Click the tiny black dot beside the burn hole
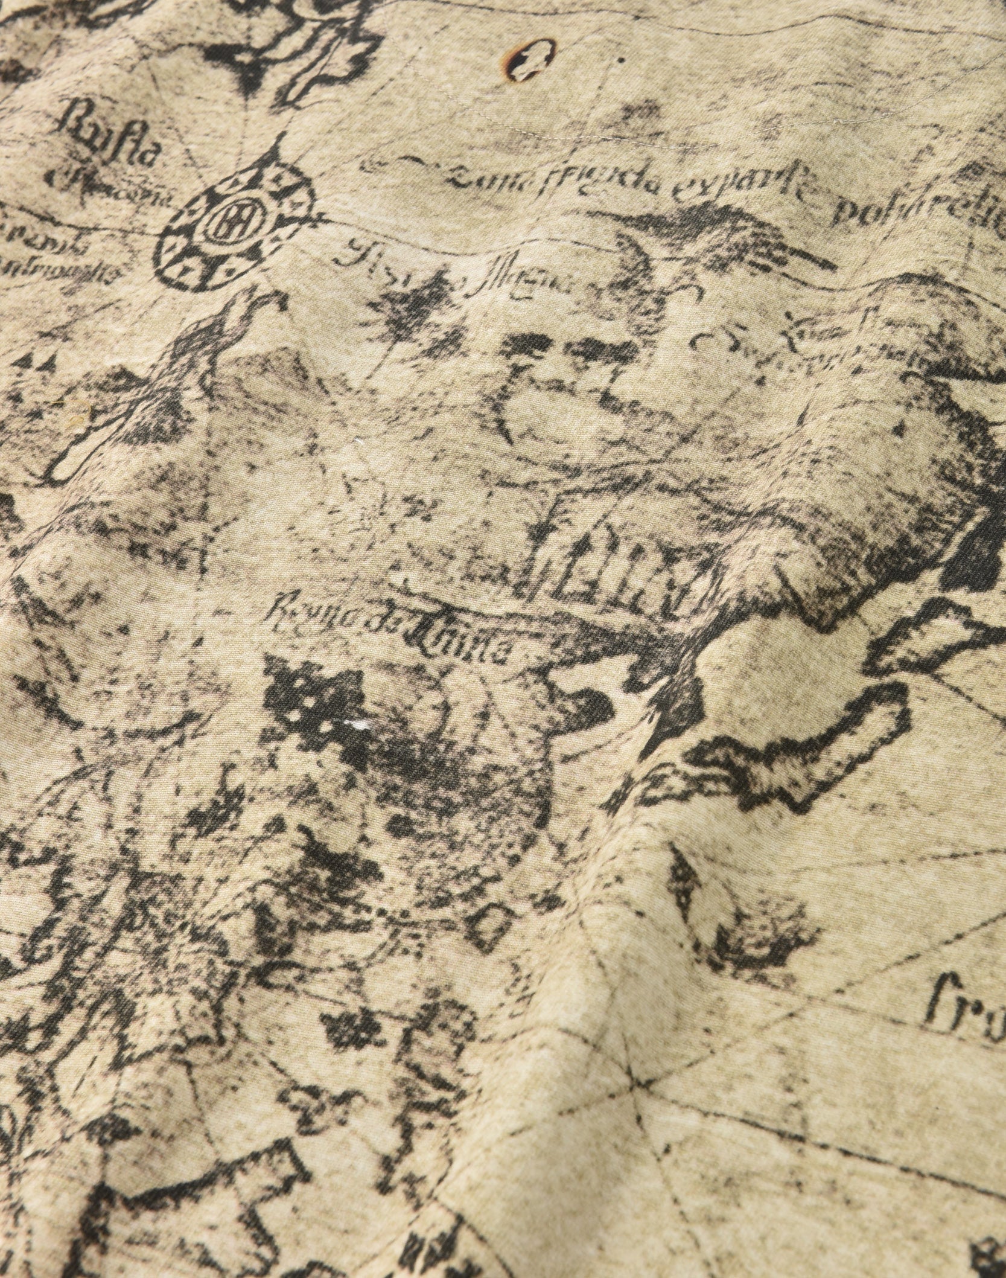click(x=620, y=60)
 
